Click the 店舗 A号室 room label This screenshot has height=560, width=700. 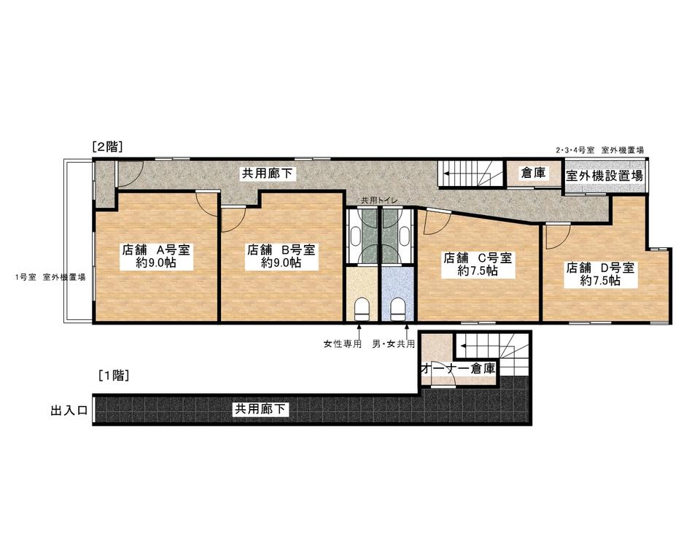[156, 249]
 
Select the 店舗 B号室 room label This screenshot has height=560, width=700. [281, 249]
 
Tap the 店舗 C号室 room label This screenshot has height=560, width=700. [478, 257]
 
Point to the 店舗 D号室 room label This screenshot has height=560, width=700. [600, 268]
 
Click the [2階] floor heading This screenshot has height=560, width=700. [108, 147]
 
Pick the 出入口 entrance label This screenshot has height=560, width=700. [69, 411]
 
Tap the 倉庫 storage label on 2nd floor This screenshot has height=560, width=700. [534, 173]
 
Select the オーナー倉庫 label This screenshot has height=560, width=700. [459, 368]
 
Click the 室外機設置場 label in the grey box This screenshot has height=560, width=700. [604, 176]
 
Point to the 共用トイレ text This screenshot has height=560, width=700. [379, 201]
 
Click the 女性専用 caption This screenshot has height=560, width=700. [343, 344]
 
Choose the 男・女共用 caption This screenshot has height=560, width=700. [394, 344]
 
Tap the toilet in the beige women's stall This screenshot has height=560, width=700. [362, 309]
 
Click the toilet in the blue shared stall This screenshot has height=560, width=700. [398, 309]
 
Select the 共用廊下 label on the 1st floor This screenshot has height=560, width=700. [260, 408]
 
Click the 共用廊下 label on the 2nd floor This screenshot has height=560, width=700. [267, 174]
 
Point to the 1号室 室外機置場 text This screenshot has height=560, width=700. [50, 277]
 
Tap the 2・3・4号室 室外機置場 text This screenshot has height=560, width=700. [599, 150]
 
